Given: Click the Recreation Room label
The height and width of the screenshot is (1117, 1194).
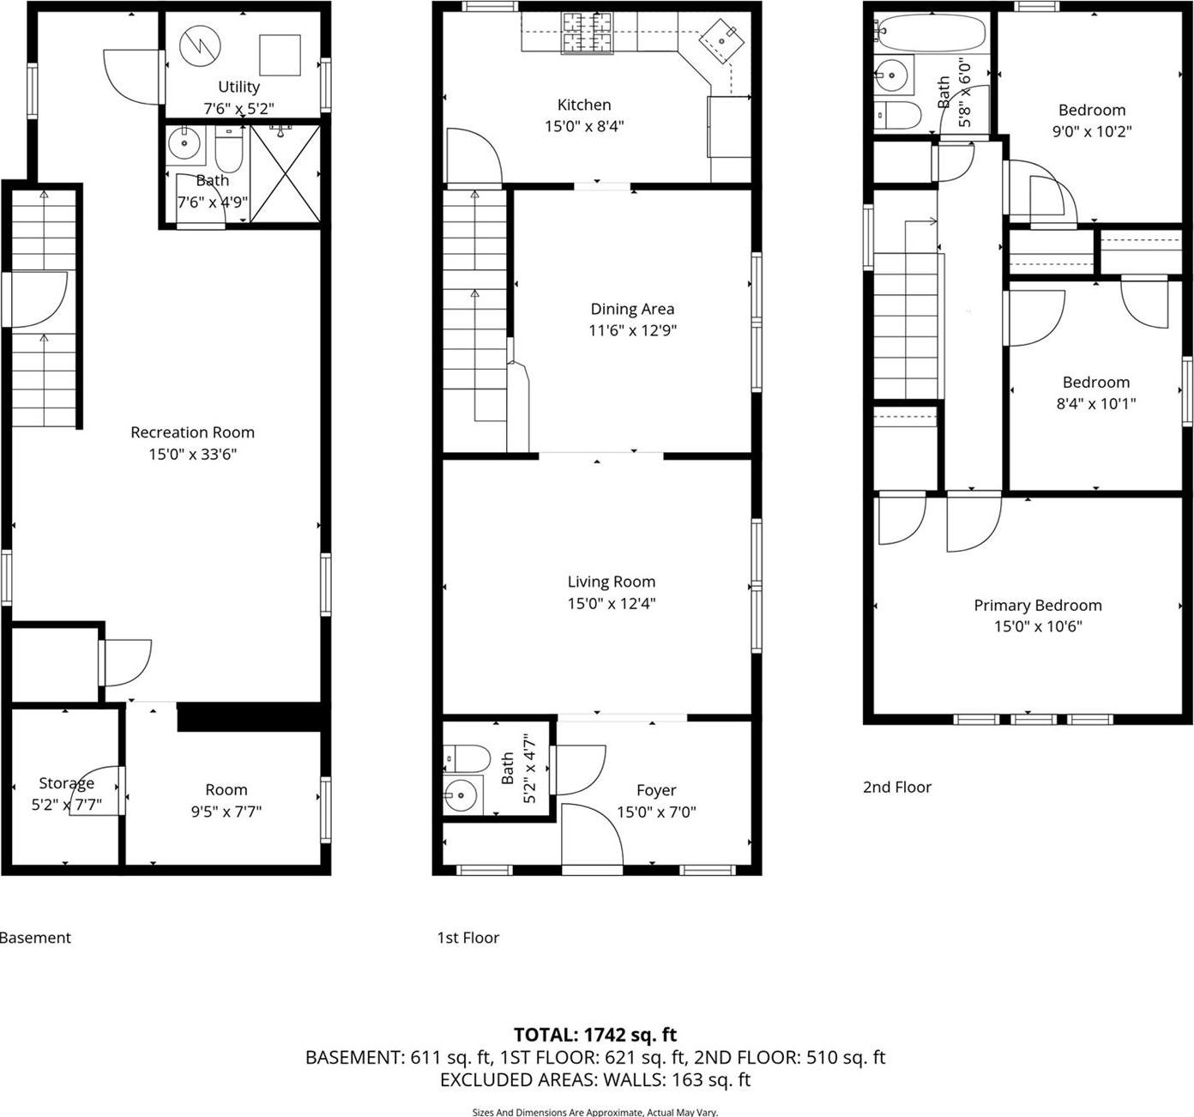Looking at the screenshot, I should tap(192, 432).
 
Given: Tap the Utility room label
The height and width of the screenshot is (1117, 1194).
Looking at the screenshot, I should tap(238, 87).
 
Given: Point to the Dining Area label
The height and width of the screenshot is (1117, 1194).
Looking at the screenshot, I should tap(632, 309).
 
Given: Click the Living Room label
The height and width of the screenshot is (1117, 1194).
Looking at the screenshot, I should tap(611, 582).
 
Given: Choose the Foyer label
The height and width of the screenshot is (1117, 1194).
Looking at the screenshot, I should tap(656, 790).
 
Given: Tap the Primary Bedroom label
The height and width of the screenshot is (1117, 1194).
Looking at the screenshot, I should tap(1037, 605).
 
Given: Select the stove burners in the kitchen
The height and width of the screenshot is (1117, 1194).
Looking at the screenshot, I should tap(588, 32).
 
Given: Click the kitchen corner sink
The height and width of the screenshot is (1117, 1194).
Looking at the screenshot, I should tap(722, 39).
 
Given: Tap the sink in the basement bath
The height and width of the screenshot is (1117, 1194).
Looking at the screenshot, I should tap(184, 144).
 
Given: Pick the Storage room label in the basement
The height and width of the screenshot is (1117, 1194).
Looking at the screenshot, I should tap(66, 783).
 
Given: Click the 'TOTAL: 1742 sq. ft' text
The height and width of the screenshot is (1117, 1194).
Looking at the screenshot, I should tap(595, 1035).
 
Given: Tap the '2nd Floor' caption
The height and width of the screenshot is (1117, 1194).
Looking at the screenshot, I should tap(896, 787).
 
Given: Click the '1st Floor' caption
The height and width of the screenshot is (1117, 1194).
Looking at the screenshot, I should tap(467, 938).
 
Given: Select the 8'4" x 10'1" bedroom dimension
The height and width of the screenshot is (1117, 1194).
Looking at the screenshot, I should tap(1095, 404).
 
